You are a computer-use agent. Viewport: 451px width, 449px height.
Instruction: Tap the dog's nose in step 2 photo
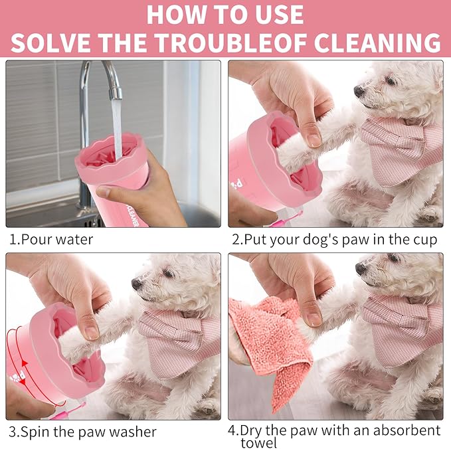tap(359, 90)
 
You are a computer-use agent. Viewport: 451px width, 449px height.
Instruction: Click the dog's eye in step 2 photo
tap(389, 80)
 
